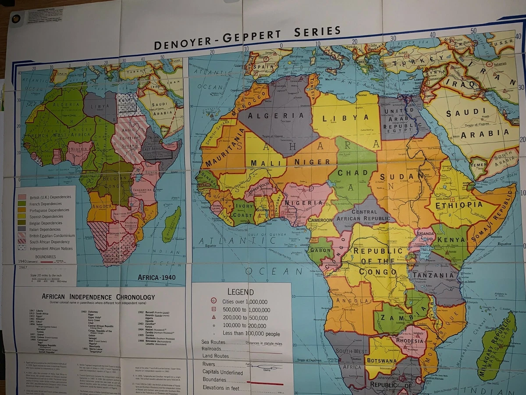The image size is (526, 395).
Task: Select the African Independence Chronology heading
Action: coord(98,297)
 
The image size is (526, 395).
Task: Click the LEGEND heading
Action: coord(240,292)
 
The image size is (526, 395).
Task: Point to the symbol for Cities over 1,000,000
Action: coord(213,302)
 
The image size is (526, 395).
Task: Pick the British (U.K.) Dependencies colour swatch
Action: coord(21,197)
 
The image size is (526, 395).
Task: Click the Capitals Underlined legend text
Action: coord(222,372)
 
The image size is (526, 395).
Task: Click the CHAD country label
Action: coord(350,173)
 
